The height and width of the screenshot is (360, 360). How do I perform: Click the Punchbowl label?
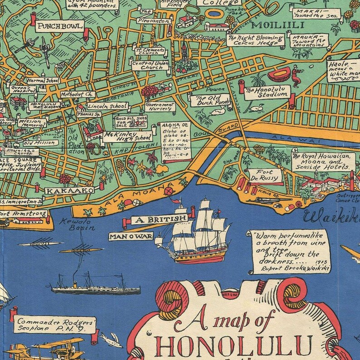coord(60,26)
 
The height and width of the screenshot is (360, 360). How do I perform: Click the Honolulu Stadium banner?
coord(267,92)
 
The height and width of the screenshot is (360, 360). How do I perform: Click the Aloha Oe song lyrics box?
coord(174,141)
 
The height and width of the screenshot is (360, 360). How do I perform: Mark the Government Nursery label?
coord(159,107)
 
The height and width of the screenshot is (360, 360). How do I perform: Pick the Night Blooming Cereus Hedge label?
coord(254,41)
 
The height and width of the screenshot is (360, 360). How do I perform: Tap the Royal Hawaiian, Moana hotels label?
coord(322,161)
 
